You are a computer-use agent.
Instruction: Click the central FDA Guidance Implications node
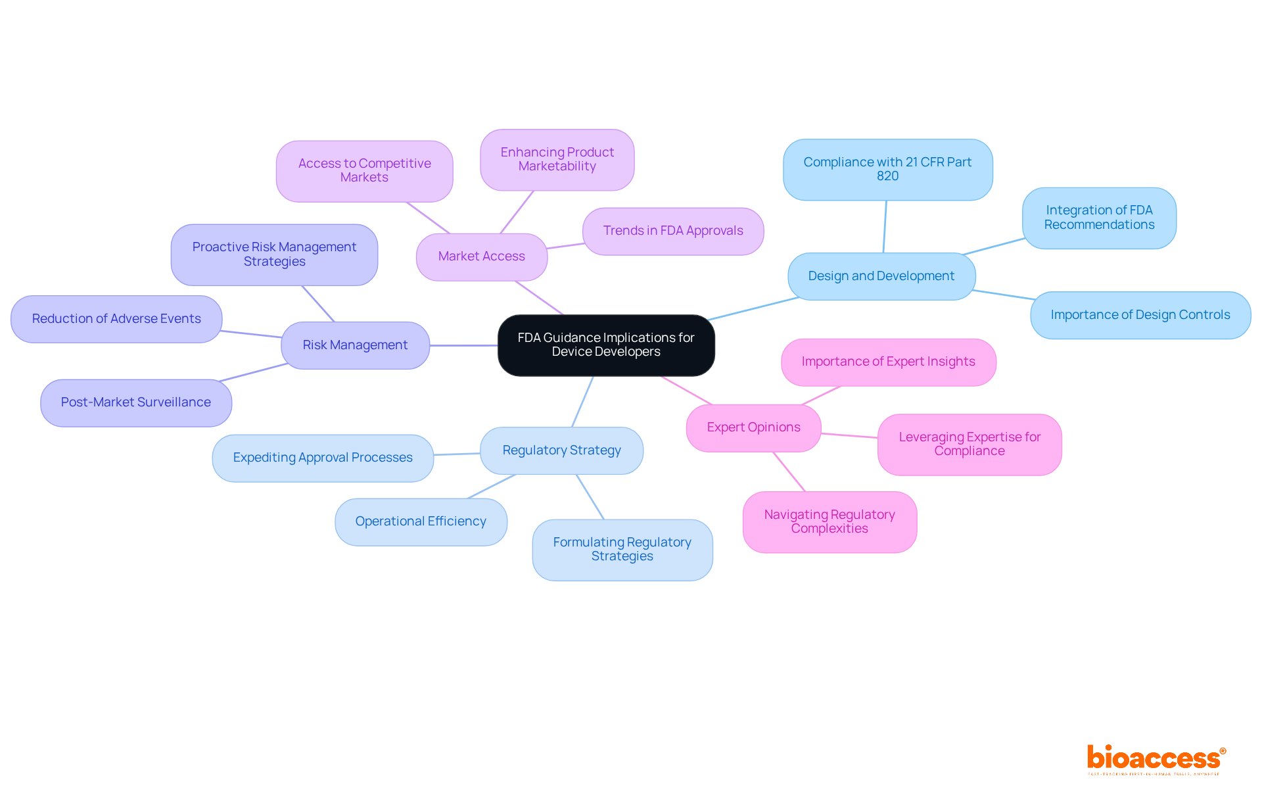[x=605, y=345]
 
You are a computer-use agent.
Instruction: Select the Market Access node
[x=481, y=256]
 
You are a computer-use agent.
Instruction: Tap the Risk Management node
[x=355, y=345]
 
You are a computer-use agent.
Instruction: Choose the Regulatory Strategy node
[x=561, y=450]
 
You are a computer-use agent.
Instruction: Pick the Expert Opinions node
[x=753, y=427]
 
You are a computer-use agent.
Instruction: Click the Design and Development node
[x=881, y=276]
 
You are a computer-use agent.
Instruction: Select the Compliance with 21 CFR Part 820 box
[x=887, y=169]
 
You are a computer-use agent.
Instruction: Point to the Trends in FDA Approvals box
[x=673, y=231]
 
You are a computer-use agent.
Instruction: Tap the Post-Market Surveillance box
[x=136, y=402]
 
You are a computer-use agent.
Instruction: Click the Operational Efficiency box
[x=421, y=521]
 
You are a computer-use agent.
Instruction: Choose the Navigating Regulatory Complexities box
[x=830, y=521]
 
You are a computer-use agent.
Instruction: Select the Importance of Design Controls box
[x=1140, y=315]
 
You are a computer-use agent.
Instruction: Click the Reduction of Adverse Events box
[x=116, y=319]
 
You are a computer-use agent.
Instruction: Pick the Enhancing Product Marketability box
[x=557, y=159]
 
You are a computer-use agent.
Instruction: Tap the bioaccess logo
[x=1156, y=759]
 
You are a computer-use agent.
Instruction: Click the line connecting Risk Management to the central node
[x=463, y=345]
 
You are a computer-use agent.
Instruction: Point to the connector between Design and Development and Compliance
[x=885, y=227]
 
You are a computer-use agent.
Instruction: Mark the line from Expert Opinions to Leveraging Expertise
[x=849, y=435]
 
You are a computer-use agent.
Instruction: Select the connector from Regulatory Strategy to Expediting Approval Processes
[x=457, y=454]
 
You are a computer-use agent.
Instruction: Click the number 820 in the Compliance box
[x=887, y=176]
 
